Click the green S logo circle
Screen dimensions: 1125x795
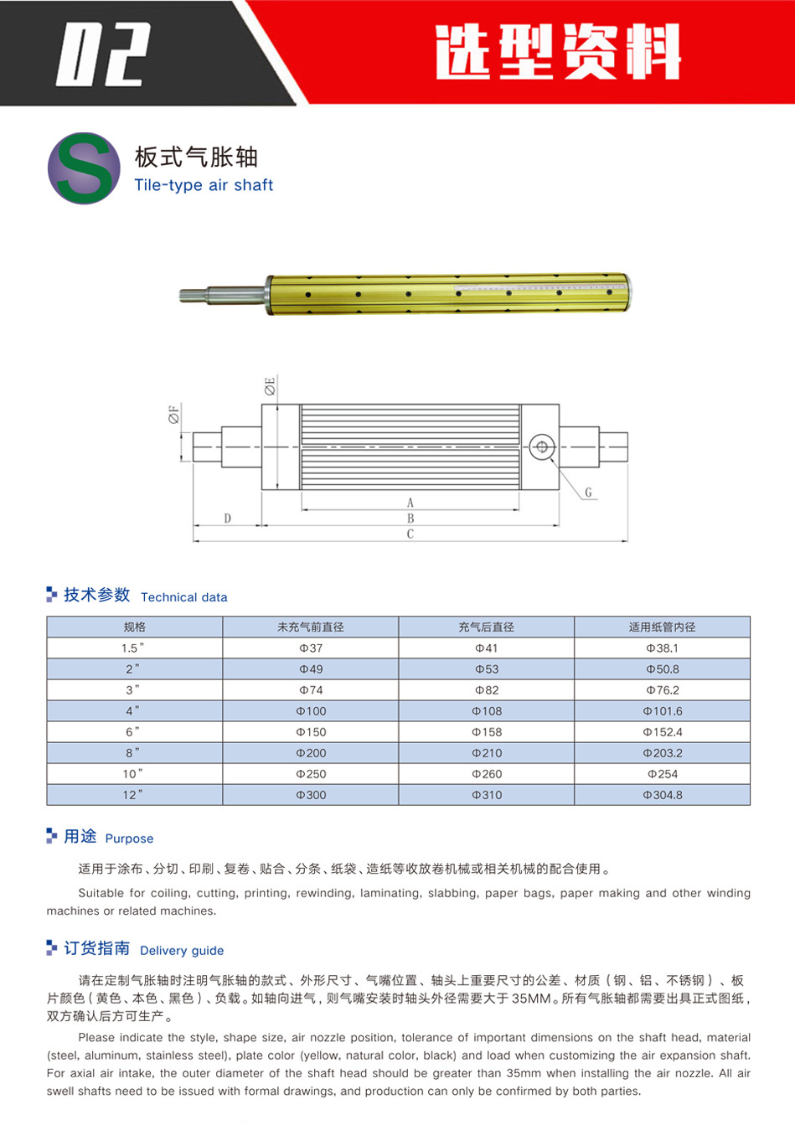click(x=84, y=168)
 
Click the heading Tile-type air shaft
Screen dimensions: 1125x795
click(x=204, y=185)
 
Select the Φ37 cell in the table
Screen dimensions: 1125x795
click(x=311, y=648)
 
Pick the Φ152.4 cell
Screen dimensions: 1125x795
click(x=663, y=732)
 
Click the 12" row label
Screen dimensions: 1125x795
click(x=133, y=795)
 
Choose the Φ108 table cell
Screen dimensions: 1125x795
click(x=487, y=711)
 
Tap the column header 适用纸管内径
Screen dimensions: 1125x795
click(x=663, y=627)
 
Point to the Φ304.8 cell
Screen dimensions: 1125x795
click(x=663, y=795)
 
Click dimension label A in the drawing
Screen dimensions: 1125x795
click(x=410, y=503)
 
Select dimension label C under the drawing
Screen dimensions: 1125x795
click(x=410, y=534)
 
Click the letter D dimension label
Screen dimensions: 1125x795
click(x=228, y=519)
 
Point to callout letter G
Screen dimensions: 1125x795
click(x=588, y=493)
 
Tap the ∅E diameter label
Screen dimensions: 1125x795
click(x=270, y=387)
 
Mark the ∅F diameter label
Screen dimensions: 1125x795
click(x=174, y=414)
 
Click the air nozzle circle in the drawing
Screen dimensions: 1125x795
click(x=542, y=446)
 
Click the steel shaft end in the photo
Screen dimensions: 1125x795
click(x=222, y=294)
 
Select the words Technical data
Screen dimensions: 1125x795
click(x=184, y=597)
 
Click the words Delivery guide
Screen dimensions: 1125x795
click(x=182, y=951)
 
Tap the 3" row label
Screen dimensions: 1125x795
click(x=133, y=690)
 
